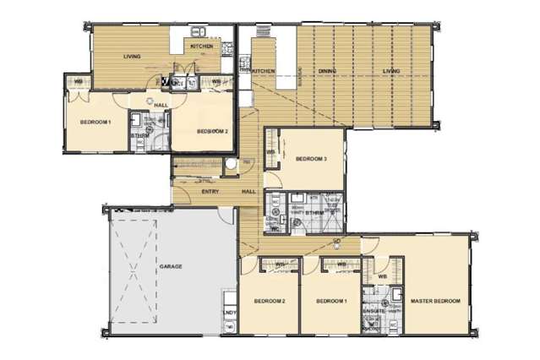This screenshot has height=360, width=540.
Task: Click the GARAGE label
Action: [171, 266]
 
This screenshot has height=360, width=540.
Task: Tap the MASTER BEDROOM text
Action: [435, 301]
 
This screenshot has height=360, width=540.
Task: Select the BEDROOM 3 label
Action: [311, 159]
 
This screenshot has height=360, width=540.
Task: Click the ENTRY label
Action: [211, 192]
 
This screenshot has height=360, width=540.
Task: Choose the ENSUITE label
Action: [374, 310]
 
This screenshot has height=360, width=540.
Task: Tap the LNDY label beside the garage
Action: [229, 314]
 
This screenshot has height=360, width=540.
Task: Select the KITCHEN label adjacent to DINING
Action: [264, 71]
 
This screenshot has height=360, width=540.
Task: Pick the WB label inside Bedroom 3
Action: [271, 153]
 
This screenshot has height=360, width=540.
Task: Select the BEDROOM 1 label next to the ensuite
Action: [330, 302]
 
